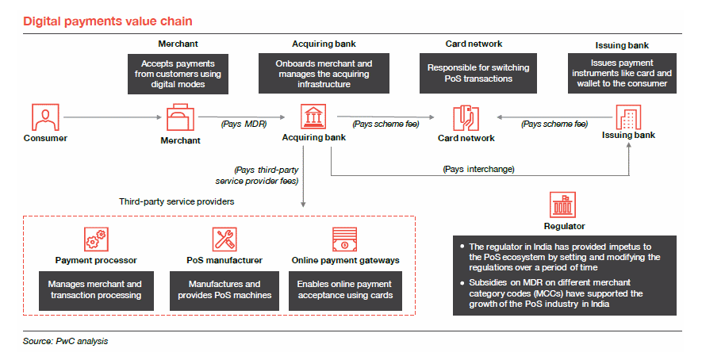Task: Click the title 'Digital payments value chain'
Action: click(x=107, y=21)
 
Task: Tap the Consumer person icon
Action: click(x=44, y=117)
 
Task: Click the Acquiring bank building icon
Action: click(x=313, y=117)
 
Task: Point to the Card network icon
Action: click(x=466, y=118)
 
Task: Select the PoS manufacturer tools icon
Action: click(x=224, y=239)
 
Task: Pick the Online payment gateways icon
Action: click(x=345, y=239)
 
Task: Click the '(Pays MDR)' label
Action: click(x=243, y=124)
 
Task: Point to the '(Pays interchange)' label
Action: click(x=478, y=169)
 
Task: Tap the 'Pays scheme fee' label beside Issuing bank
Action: click(x=554, y=124)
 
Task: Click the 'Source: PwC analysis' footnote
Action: click(x=65, y=341)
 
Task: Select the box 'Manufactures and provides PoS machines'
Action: click(x=224, y=289)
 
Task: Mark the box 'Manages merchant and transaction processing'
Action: click(x=95, y=289)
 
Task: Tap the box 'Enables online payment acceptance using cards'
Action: click(x=345, y=289)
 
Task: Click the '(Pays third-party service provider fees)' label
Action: click(x=263, y=175)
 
